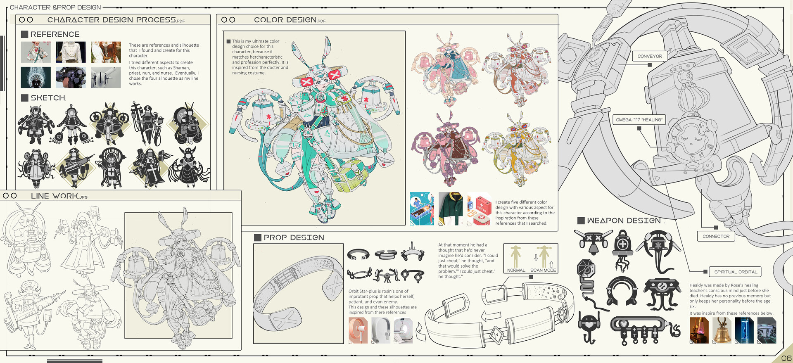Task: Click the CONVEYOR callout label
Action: tap(650, 56)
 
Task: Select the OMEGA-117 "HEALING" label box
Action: tap(639, 120)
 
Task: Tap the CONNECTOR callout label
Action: tap(716, 236)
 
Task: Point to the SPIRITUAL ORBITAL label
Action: tap(736, 272)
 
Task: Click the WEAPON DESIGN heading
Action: tap(624, 221)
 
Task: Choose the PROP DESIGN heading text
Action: tap(294, 237)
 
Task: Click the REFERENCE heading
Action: tap(55, 34)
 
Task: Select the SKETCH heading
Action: tap(48, 98)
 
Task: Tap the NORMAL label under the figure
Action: tap(516, 270)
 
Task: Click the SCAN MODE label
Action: tap(543, 270)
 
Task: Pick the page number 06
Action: tap(786, 358)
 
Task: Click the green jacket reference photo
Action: tap(451, 209)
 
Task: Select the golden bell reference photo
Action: tap(722, 330)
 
